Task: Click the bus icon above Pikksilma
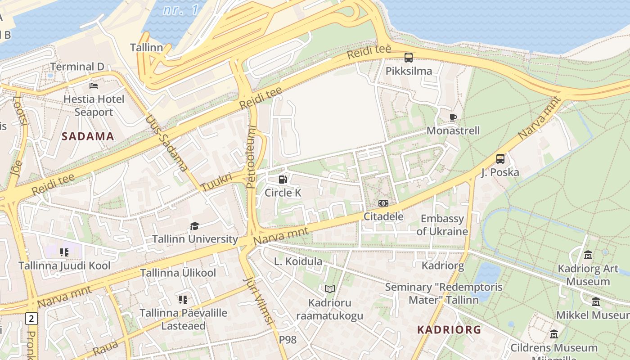[x=409, y=58]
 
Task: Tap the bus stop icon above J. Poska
[x=500, y=158]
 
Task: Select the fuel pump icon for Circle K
[x=283, y=180]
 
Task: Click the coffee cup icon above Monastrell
[x=453, y=118]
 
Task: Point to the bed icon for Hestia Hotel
[x=94, y=85]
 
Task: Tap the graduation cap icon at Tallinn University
[x=194, y=226]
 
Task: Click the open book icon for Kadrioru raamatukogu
[x=330, y=289]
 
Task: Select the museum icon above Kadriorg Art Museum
[x=588, y=256]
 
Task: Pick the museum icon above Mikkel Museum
[x=596, y=301]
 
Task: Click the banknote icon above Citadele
[x=383, y=203]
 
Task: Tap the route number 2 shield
[x=31, y=319]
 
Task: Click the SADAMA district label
[x=88, y=136]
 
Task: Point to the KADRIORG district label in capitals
[x=449, y=329]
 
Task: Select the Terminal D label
[x=77, y=67]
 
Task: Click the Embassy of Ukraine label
[x=442, y=225]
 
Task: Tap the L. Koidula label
[x=298, y=261]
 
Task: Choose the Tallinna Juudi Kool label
[x=64, y=265]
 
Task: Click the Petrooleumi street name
[x=251, y=157]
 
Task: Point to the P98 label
[x=288, y=340]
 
